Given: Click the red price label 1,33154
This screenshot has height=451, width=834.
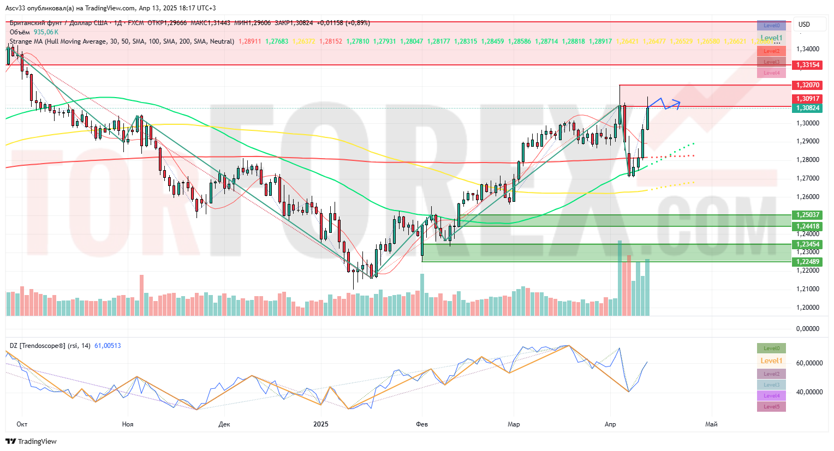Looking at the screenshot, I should [808, 65].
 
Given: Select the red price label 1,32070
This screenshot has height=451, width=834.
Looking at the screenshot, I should [808, 85].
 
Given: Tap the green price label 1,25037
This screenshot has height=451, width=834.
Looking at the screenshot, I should [808, 215].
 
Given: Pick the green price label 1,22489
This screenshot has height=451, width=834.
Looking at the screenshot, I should [808, 262].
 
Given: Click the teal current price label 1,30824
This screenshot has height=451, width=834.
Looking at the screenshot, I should [808, 108].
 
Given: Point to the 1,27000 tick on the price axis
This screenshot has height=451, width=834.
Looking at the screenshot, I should [808, 178].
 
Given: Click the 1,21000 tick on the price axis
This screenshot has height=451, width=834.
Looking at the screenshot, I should [808, 289].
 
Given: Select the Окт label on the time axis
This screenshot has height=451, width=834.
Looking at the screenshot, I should [22, 424].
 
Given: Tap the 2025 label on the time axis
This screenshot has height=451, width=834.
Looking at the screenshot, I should [321, 424].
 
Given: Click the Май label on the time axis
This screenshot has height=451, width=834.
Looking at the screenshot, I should [711, 424].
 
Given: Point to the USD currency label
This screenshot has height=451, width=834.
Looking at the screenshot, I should [804, 25].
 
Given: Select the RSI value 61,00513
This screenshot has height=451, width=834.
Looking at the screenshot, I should [108, 346].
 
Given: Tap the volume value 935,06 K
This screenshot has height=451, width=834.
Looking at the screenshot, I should [46, 32].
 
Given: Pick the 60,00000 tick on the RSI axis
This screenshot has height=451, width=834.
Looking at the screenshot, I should [809, 363].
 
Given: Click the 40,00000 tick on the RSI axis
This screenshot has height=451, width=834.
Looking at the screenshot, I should [809, 392].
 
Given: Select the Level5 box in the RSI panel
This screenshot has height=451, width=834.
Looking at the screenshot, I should [771, 407].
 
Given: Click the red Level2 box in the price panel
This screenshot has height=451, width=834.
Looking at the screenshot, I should [771, 51].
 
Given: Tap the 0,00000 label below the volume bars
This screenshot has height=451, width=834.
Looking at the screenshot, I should [808, 329].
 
